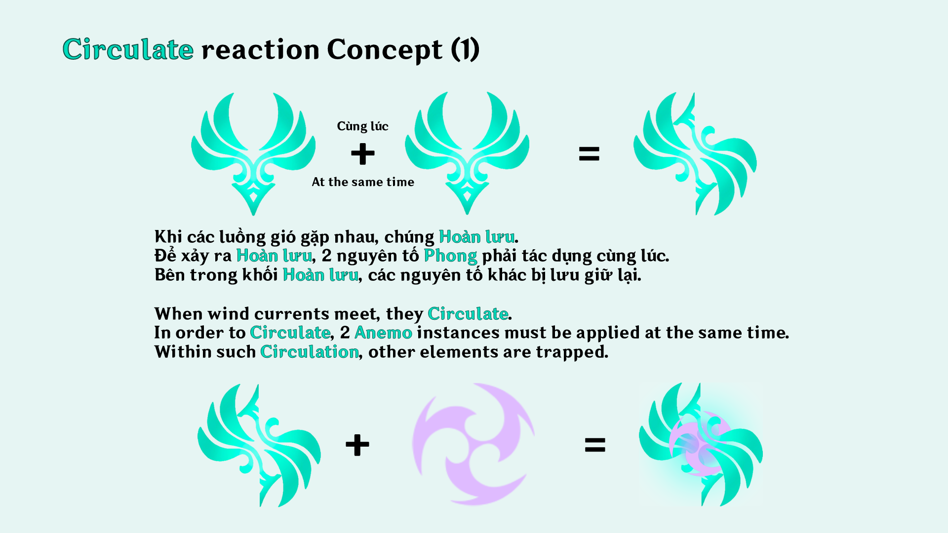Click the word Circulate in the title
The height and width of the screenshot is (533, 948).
(x=128, y=49)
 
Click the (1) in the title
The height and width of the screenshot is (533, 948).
(x=465, y=49)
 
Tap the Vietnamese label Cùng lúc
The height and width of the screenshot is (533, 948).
(x=362, y=126)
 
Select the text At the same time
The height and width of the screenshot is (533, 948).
(x=363, y=182)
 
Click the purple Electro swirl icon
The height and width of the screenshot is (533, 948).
(x=473, y=444)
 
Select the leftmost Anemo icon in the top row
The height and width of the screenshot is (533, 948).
(x=253, y=153)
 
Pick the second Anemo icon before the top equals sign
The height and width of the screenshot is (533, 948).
(x=467, y=153)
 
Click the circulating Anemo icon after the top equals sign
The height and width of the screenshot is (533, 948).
(x=695, y=153)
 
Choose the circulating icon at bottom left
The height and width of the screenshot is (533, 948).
(x=259, y=445)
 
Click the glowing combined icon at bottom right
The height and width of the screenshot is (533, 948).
(x=701, y=444)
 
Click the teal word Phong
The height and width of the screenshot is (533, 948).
(x=450, y=256)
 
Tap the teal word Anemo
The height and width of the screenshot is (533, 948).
(x=383, y=333)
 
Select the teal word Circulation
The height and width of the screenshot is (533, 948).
(x=309, y=352)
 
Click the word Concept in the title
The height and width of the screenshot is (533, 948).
(x=385, y=49)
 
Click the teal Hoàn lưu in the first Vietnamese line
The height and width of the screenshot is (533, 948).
(x=476, y=237)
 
